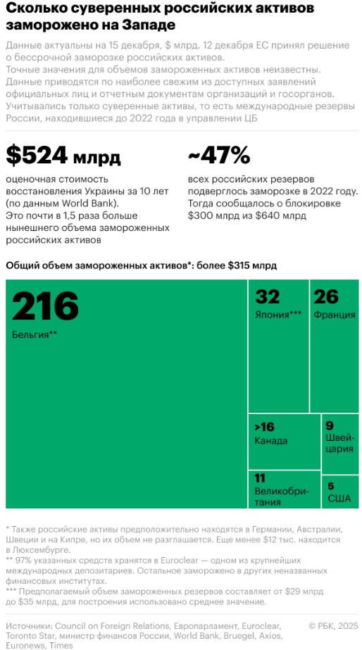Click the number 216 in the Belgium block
(45, 306)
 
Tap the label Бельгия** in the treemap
(35, 335)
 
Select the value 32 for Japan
(268, 296)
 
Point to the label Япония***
(278, 315)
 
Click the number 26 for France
(326, 296)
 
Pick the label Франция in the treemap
(335, 315)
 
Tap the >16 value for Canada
(265, 427)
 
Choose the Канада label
(270, 441)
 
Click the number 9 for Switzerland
(330, 426)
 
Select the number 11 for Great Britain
(260, 478)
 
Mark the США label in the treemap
(339, 499)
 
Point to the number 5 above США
(331, 486)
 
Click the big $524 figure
(37, 156)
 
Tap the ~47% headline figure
(219, 156)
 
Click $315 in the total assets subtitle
(240, 266)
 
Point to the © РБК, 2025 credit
(333, 625)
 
